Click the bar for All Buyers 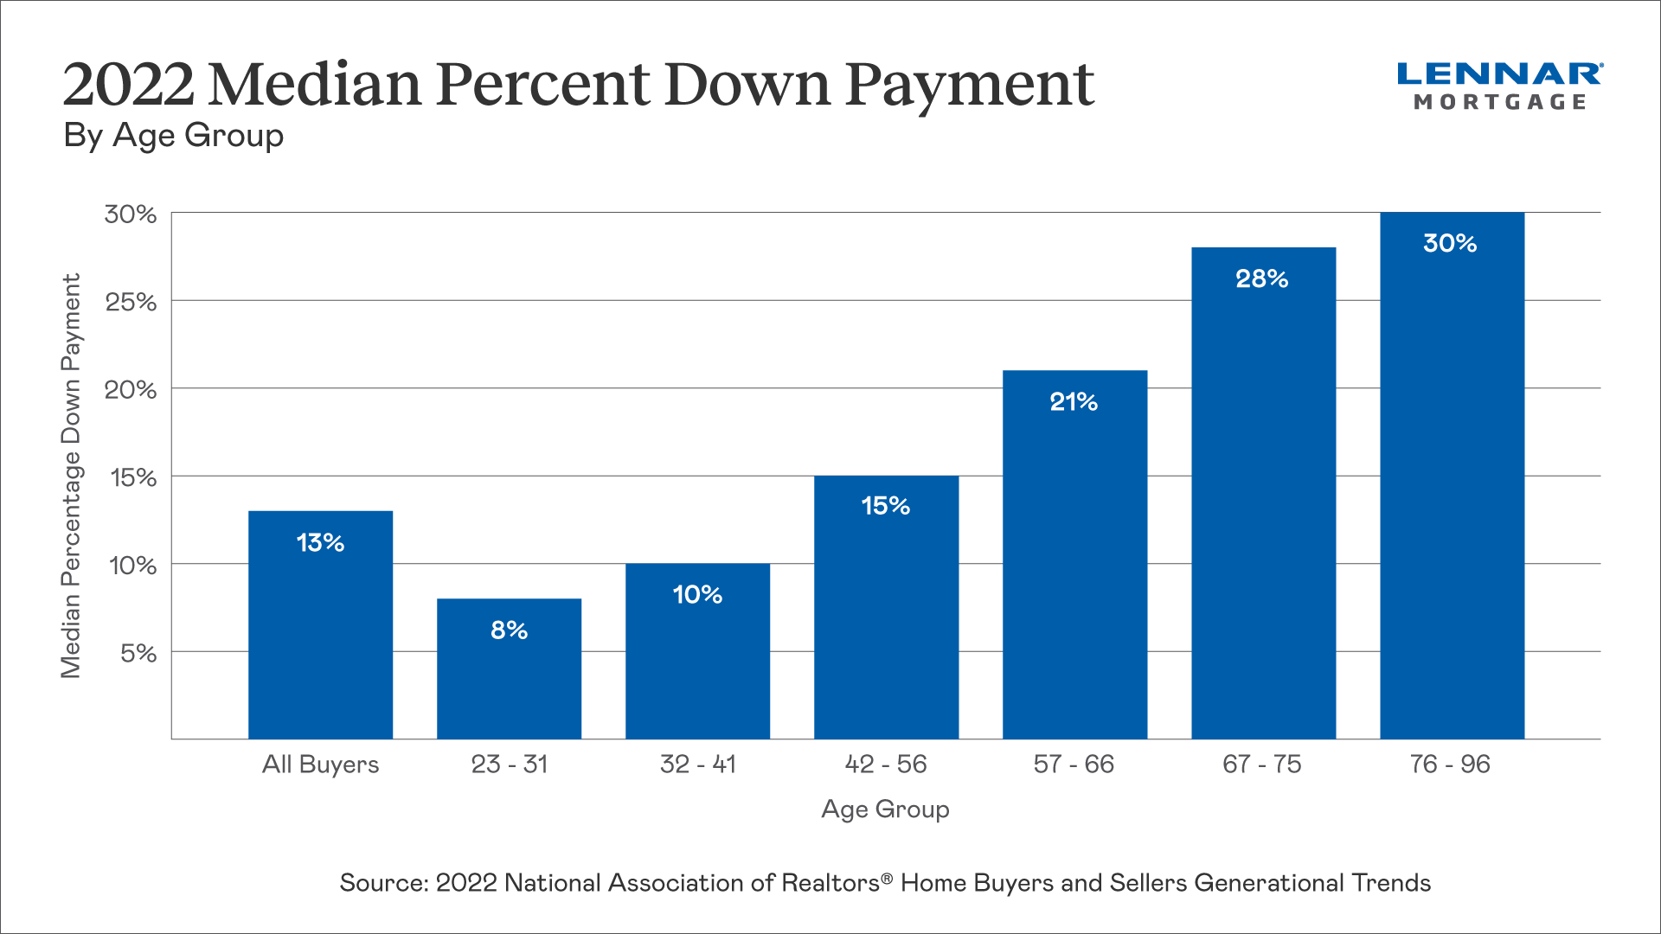(x=320, y=640)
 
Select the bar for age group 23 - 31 (x=509, y=683)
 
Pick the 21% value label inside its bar (x=1074, y=402)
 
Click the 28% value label (x=1262, y=278)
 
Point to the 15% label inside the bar (x=886, y=506)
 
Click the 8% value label (x=509, y=630)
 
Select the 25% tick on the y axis (x=131, y=303)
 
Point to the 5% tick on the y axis (x=138, y=653)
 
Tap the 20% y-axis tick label (x=131, y=390)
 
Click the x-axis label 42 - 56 (x=886, y=764)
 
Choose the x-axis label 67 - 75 (x=1262, y=764)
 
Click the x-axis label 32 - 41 (x=697, y=764)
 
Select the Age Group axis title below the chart (x=885, y=809)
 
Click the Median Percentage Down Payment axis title (x=71, y=476)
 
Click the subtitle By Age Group (x=173, y=136)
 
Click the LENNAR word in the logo (x=1499, y=74)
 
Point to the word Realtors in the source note (x=830, y=883)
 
